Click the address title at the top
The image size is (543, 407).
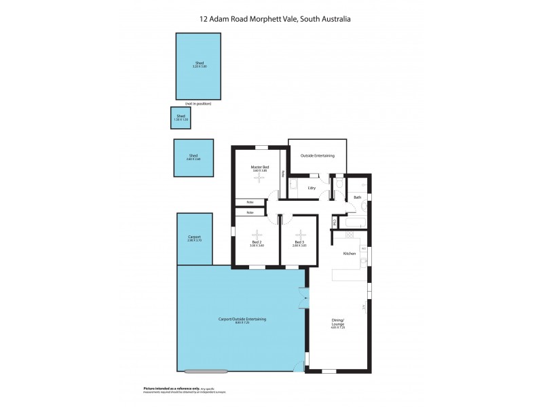pyautogui.click(x=271, y=20)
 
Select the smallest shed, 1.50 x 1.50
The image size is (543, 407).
pyautogui.click(x=181, y=117)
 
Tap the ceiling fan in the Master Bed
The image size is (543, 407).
pyautogui.click(x=257, y=179)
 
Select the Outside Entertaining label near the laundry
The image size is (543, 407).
pyautogui.click(x=318, y=156)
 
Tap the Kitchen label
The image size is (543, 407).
pyautogui.click(x=350, y=253)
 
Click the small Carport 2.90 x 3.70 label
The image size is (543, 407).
pyautogui.click(x=195, y=238)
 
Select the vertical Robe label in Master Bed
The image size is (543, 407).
pyautogui.click(x=283, y=174)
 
